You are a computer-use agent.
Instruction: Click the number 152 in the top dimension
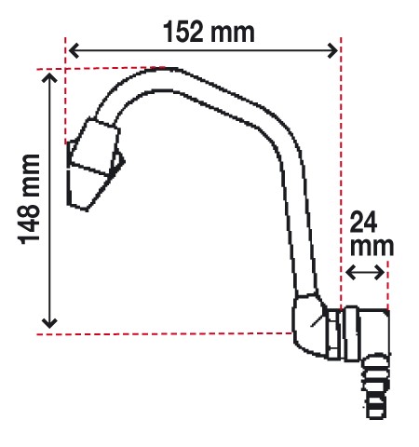click(x=183, y=32)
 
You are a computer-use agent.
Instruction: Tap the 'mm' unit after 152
click(x=232, y=34)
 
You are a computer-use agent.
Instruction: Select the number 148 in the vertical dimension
click(x=30, y=223)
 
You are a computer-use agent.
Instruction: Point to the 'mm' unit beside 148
click(x=32, y=176)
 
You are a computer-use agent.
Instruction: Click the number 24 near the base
click(x=363, y=222)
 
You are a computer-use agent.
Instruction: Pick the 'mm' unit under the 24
click(x=372, y=247)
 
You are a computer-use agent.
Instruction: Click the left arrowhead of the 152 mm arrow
click(x=74, y=50)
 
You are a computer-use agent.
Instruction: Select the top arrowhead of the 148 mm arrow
click(x=49, y=76)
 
